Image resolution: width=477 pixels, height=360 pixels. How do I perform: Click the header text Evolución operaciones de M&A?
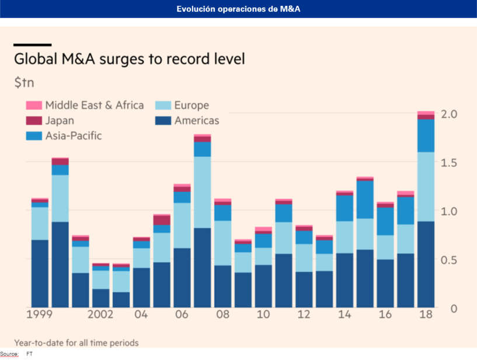238,9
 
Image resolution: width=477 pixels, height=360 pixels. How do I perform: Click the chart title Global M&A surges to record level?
129,60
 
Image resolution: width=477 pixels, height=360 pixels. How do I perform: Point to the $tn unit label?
24,82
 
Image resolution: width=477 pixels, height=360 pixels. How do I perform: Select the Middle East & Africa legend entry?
85,106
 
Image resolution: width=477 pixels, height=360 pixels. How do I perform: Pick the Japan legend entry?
60,121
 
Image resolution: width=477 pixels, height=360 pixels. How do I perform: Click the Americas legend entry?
196,121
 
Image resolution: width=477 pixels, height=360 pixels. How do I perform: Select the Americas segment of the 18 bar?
426,264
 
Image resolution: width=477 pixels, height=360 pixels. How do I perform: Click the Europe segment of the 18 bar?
426,187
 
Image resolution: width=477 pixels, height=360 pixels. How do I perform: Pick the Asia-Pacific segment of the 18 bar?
426,135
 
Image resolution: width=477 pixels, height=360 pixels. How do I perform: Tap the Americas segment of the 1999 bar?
40,274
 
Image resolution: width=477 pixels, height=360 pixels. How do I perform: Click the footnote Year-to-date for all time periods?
76,342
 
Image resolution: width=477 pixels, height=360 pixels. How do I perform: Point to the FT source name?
29,354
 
